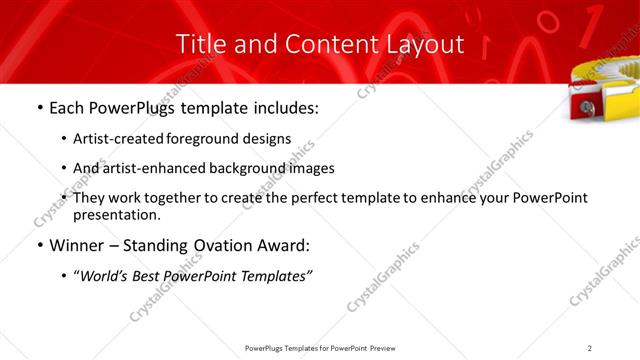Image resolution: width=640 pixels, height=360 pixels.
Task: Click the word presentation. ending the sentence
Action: tap(117, 214)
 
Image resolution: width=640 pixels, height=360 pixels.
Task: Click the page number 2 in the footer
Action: tap(590, 347)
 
